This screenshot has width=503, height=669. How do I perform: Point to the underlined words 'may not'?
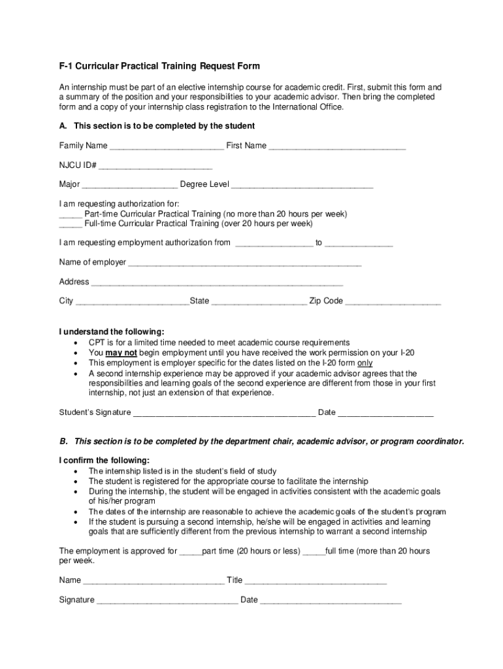click(122, 352)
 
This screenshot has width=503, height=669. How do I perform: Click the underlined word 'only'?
click(365, 363)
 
